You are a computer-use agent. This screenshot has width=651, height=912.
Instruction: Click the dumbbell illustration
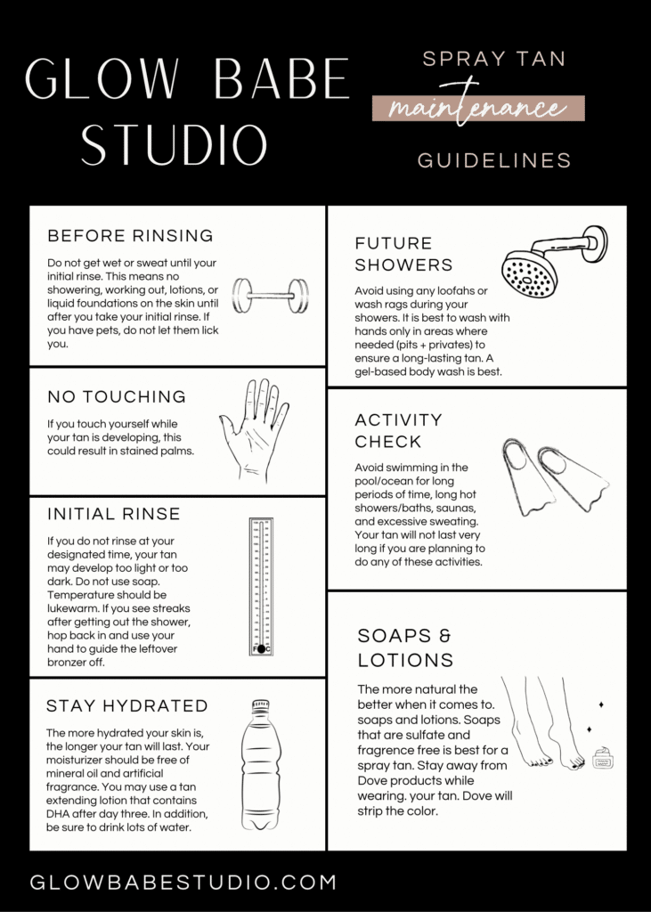point(271,293)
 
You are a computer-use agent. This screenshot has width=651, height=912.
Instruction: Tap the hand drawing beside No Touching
point(254,428)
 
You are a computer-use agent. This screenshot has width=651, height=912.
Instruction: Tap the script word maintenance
point(477,109)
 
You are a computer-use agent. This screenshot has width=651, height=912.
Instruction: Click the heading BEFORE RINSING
point(130,236)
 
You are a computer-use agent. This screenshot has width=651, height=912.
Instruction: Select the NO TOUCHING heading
point(117,396)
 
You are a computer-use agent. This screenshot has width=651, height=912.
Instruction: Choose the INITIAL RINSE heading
point(113,514)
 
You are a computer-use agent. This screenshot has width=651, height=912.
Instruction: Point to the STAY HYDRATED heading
point(126,706)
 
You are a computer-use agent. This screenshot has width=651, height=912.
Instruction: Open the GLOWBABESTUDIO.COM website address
point(183,883)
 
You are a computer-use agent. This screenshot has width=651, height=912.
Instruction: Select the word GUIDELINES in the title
point(494,160)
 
